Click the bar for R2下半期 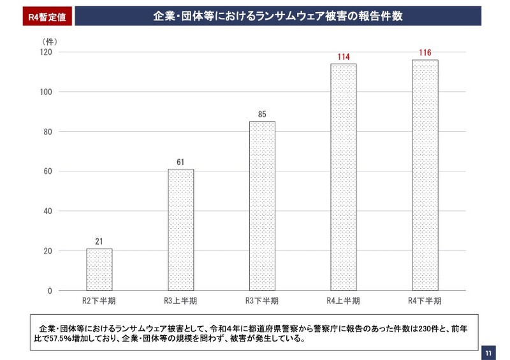click(99, 270)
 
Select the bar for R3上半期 click(180, 229)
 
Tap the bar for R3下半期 click(262, 206)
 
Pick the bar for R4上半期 click(343, 177)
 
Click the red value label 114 click(344, 57)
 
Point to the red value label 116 click(425, 53)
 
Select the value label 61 click(180, 162)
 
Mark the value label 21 click(99, 242)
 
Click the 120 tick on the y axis click(45, 52)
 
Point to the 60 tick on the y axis click(48, 171)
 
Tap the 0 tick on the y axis click(50, 291)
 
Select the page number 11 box click(488, 352)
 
